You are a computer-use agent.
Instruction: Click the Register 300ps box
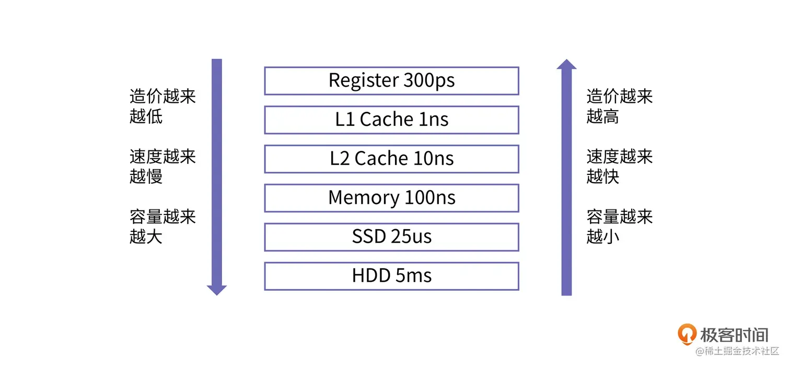[x=391, y=81]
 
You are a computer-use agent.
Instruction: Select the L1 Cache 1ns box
[x=391, y=120]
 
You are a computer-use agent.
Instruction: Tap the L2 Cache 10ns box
[x=391, y=159]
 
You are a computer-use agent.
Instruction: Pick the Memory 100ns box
[x=391, y=198]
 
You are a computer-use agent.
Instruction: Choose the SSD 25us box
[x=391, y=237]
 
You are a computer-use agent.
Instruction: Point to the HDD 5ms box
[x=391, y=276]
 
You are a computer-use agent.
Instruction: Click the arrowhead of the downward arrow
[x=216, y=290]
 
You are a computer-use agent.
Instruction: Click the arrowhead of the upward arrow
[x=566, y=64]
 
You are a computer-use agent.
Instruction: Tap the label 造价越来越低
[x=162, y=106]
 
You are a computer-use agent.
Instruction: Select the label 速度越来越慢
[x=162, y=167]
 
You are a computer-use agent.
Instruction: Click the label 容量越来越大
[x=162, y=227]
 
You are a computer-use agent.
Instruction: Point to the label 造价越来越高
[x=619, y=106]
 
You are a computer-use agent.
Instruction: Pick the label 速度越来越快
[x=619, y=167]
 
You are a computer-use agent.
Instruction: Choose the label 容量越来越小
[x=619, y=227]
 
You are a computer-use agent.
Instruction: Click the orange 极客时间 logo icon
[x=687, y=334]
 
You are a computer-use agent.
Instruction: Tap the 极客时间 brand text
[x=734, y=335]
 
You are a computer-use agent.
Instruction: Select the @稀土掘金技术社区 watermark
[x=737, y=351]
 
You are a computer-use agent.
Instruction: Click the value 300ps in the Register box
[x=429, y=80]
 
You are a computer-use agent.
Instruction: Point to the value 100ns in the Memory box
[x=430, y=197]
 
